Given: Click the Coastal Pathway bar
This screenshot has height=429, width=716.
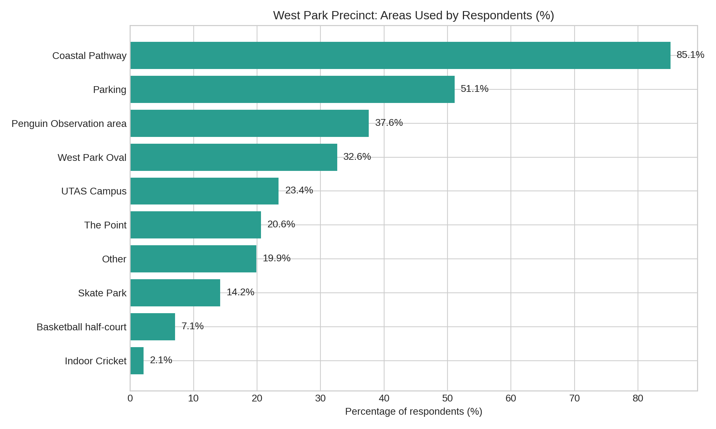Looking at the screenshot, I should click(x=400, y=55).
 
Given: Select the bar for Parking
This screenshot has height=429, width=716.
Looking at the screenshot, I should click(x=292, y=89).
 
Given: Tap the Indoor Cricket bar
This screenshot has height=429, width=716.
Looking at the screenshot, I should click(x=137, y=361).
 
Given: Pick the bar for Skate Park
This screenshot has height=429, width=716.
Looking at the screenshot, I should click(x=175, y=293).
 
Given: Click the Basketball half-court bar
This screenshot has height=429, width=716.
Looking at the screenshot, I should click(x=153, y=327).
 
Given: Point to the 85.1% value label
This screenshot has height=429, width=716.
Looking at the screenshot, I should click(x=690, y=55).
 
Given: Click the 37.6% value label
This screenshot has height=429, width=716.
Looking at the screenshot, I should click(x=389, y=123).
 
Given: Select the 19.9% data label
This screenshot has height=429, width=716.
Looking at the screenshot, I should click(x=276, y=258).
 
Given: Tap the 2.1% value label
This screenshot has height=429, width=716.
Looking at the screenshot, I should click(x=161, y=360).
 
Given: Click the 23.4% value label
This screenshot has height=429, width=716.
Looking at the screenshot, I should click(x=299, y=191).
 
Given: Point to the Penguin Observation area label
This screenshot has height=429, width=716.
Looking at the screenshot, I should click(x=69, y=124).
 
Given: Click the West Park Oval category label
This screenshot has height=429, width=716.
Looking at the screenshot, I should click(x=92, y=158).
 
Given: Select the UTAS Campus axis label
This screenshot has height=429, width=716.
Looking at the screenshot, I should click(x=94, y=192).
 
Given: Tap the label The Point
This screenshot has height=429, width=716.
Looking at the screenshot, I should click(x=105, y=225).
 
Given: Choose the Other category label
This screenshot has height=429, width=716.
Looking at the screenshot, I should click(x=114, y=259).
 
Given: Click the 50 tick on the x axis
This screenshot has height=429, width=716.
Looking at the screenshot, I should click(x=447, y=399).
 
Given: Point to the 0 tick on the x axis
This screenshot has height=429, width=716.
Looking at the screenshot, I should click(x=130, y=399).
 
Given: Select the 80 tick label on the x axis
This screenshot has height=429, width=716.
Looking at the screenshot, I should click(x=638, y=399).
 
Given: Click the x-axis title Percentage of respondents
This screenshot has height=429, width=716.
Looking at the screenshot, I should click(x=413, y=412).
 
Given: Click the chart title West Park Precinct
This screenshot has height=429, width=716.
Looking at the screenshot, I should click(x=413, y=16).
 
